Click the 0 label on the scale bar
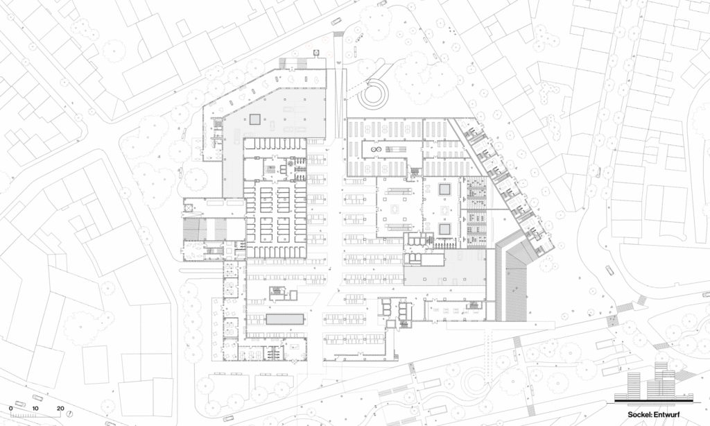(11, 409)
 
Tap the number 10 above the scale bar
(35, 409)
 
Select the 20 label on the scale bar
(60, 409)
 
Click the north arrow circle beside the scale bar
(69, 414)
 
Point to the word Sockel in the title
(639, 414)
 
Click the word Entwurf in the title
(666, 414)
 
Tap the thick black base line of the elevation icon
(654, 401)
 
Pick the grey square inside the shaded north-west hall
(254, 119)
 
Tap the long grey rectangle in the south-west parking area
(284, 319)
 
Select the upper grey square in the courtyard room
(444, 189)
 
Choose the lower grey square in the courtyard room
(444, 229)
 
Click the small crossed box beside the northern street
(315, 53)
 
